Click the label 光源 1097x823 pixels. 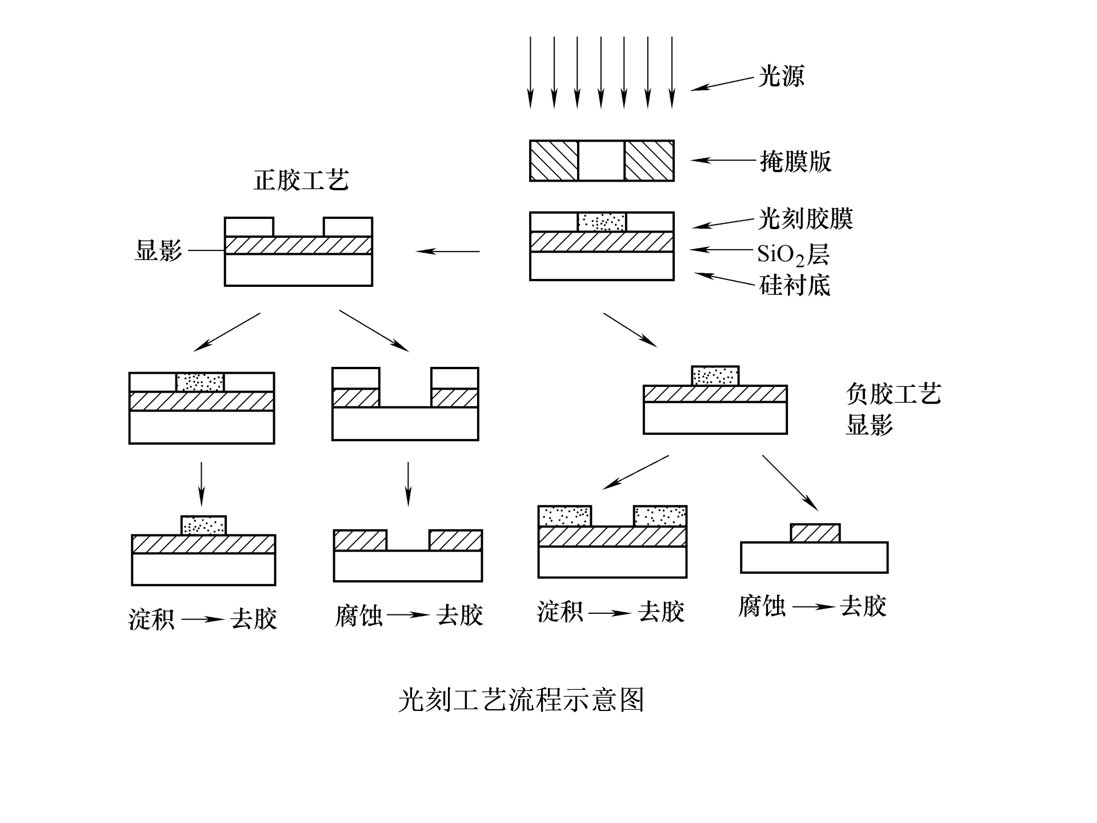pos(781,76)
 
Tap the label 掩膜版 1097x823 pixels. pos(795,162)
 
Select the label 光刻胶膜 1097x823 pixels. pos(806,219)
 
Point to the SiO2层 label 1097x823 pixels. pos(793,254)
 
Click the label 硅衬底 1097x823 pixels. pos(794,285)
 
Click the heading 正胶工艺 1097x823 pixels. pos(301,181)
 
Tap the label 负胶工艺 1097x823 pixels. pos(893,394)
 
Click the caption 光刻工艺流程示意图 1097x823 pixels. pos(521,700)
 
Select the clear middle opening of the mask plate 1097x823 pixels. pos(602,161)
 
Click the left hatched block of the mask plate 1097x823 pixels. pos(554,161)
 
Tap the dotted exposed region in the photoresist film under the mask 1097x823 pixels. pos(602,222)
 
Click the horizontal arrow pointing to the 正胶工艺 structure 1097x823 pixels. pos(447,251)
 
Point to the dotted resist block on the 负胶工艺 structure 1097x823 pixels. pos(715,376)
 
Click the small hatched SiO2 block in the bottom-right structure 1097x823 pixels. pos(815,533)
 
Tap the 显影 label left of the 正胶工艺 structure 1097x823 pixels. pos(158,251)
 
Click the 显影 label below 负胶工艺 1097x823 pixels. pos(869,425)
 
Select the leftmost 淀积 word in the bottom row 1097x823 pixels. pos(151,620)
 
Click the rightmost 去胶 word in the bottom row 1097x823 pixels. pos(863,606)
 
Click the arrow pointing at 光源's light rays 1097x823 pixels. pos(722,84)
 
